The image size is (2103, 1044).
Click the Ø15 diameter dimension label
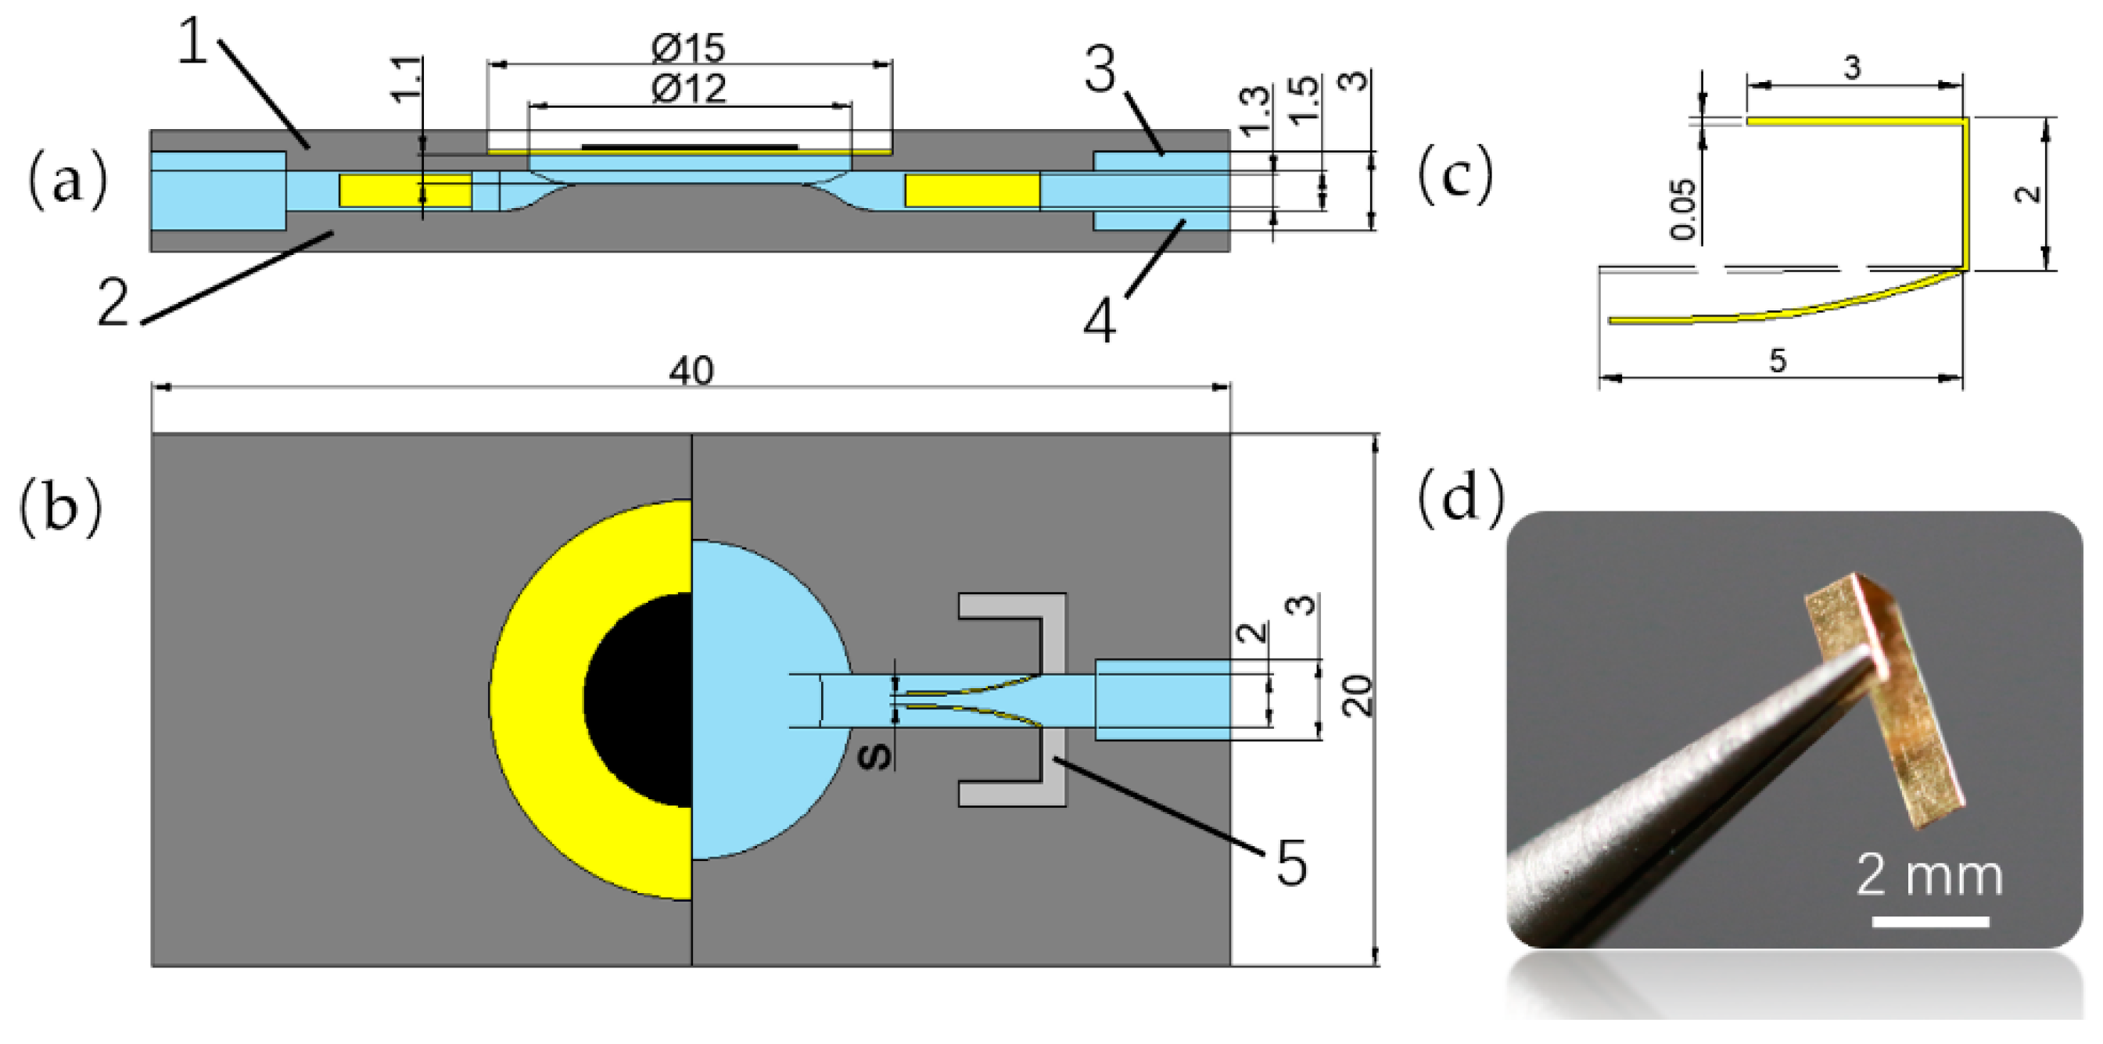click(688, 48)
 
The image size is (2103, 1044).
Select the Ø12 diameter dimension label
click(688, 88)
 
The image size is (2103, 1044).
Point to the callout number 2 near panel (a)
click(113, 303)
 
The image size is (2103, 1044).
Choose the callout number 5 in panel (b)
click(1291, 863)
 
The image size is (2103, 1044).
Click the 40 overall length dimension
click(691, 371)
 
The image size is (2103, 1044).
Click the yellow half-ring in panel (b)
click(539, 700)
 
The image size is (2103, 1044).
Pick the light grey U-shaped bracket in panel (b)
click(1054, 700)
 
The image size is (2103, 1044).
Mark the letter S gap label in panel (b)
click(876, 756)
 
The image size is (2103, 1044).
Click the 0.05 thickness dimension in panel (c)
click(1683, 210)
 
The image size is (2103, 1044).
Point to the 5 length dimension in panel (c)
click(1777, 360)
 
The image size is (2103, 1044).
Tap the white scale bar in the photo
click(1930, 921)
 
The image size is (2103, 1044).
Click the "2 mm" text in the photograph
click(1929, 875)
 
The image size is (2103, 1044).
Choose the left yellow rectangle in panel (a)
click(405, 190)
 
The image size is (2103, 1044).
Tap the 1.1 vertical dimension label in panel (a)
click(407, 79)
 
